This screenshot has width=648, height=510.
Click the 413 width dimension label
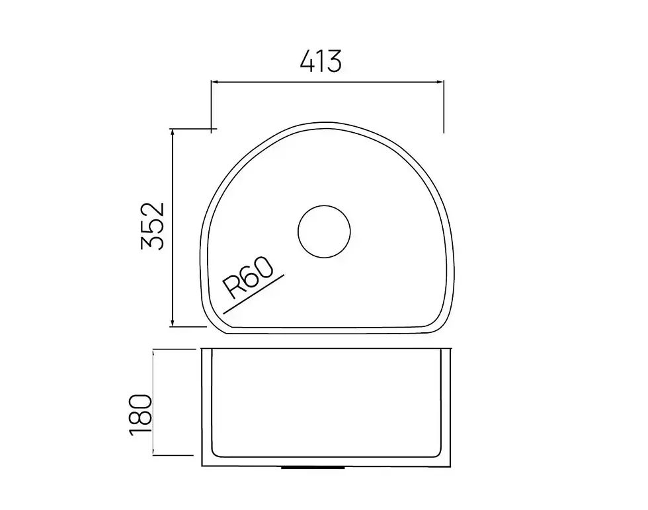click(321, 61)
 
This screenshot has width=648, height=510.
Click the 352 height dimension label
click(153, 226)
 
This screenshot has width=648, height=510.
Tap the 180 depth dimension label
click(140, 415)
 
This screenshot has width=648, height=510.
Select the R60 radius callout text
click(248, 277)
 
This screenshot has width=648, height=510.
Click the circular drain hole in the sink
click(324, 232)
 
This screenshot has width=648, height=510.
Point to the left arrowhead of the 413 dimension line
click(215, 82)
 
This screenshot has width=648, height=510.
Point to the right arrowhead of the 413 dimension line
click(440, 82)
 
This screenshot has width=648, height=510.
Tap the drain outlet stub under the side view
click(313, 468)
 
